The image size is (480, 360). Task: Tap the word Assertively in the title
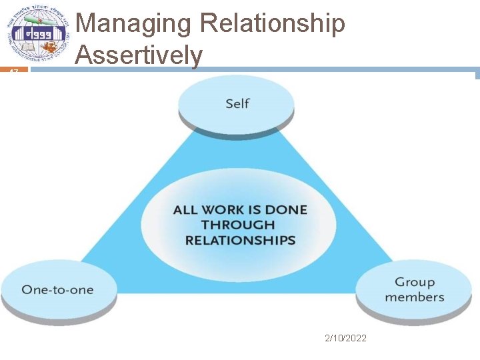(139, 55)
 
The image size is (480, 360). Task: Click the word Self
(237, 103)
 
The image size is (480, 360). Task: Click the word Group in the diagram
(414, 283)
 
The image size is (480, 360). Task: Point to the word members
(414, 298)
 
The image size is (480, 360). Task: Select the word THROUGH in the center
(238, 225)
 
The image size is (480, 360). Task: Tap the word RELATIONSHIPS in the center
(240, 241)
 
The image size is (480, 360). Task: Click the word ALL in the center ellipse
(185, 210)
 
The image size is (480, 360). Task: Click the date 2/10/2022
(345, 339)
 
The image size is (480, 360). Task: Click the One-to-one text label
(57, 290)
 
